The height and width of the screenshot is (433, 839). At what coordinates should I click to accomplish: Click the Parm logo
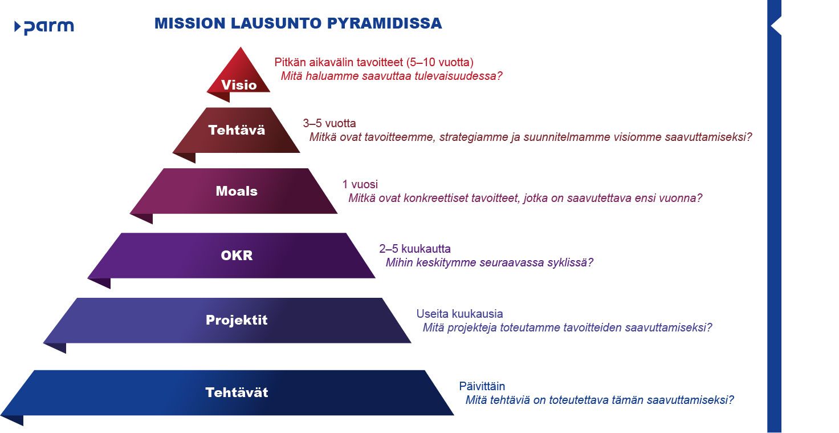pos(44,27)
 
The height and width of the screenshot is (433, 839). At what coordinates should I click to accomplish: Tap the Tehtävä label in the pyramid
pos(237,130)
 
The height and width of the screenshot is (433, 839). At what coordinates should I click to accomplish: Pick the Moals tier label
pos(237,191)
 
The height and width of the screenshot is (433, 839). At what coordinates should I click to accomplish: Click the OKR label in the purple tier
pos(237,256)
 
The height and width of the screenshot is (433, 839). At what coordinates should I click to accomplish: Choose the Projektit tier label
pos(237,320)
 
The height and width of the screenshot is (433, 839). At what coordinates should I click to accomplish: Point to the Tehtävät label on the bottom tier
pos(237,392)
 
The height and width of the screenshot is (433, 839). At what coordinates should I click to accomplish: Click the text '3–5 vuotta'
pos(329,123)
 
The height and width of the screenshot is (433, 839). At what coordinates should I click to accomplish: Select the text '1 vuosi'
pos(360,184)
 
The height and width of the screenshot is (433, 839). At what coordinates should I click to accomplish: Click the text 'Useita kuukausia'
pos(459,314)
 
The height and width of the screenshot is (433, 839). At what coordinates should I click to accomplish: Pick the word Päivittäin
pos(482,386)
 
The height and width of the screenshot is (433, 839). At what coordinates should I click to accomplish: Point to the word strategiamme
pos(476,137)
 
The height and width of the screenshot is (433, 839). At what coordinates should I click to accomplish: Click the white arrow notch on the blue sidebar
pos(774,26)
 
